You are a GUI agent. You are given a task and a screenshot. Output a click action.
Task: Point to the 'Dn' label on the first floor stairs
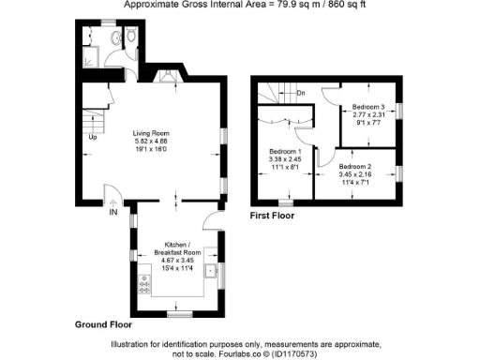tap(301, 93)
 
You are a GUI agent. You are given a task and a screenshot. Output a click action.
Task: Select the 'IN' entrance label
tap(113, 213)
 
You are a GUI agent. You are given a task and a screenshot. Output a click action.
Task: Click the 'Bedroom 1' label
tap(285, 151)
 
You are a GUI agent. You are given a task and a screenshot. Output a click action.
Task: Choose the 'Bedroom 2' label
tap(356, 166)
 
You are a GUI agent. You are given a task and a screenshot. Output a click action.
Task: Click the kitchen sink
tap(213, 272)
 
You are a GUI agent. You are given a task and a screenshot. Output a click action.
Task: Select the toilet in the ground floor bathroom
tap(132, 37)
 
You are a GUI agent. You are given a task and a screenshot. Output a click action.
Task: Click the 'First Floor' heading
tap(272, 216)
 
